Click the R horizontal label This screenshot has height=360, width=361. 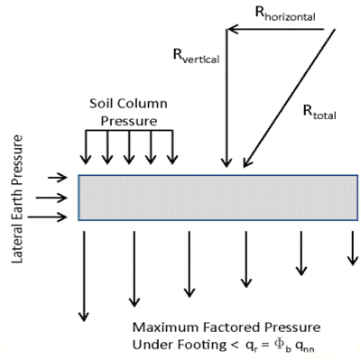[285, 14]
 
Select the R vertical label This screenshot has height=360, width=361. [196, 56]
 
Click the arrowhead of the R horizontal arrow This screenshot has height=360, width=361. [231, 29]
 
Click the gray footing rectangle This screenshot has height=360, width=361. [218, 198]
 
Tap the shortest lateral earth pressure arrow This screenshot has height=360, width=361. [58, 178]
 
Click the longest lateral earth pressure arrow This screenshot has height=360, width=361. [48, 217]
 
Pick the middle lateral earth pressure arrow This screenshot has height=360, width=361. [51, 198]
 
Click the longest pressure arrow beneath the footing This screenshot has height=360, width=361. [84, 276]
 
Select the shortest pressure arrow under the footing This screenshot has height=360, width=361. [353, 248]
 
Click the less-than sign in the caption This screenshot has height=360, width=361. [235, 346]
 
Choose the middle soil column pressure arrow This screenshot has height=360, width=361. [129, 147]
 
